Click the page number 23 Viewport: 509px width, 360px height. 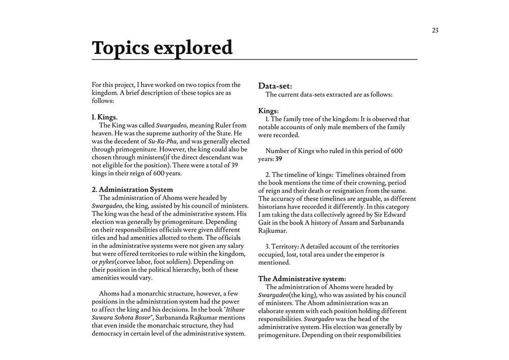pyautogui.click(x=435, y=30)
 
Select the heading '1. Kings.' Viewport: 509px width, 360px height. pyautogui.click(x=104, y=117)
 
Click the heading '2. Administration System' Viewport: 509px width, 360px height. pyautogui.click(x=132, y=189)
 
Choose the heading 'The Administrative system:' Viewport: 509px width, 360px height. pyautogui.click(x=302, y=279)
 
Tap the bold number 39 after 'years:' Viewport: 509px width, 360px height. pyautogui.click(x=279, y=159)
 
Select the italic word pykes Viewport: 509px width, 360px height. pyautogui.click(x=106, y=262)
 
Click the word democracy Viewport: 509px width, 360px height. pyautogui.click(x=109, y=334)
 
